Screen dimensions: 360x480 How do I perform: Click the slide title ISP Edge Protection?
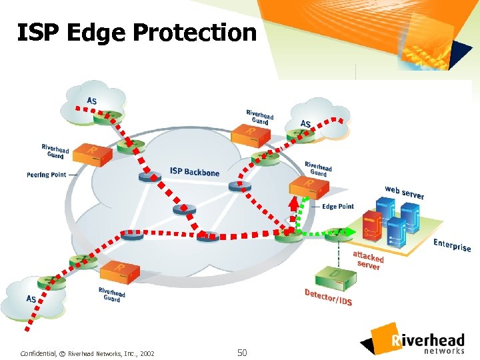(x=137, y=32)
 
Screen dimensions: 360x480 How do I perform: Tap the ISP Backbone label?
(x=194, y=172)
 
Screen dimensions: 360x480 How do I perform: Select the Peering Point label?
(x=47, y=175)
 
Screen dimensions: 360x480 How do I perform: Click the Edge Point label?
(x=338, y=207)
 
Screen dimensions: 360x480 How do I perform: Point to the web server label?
(x=404, y=191)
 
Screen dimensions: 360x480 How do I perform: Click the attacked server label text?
(x=368, y=261)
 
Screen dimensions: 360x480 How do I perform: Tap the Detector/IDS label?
(x=328, y=298)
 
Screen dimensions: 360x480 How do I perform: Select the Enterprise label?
(x=452, y=245)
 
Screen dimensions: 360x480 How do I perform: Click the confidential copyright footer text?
(x=87, y=353)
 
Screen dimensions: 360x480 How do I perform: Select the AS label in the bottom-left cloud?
(x=31, y=299)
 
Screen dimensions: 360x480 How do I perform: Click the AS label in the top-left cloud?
(x=91, y=101)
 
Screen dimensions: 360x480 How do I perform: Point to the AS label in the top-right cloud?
(x=305, y=123)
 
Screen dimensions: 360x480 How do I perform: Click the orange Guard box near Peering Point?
(x=91, y=154)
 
